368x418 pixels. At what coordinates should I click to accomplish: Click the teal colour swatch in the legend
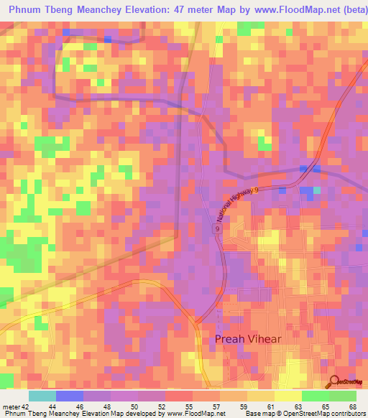pyautogui.click(x=42, y=396)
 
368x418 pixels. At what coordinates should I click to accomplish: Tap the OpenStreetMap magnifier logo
pyautogui.click(x=333, y=381)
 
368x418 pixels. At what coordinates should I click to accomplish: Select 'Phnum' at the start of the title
pyautogui.click(x=24, y=9)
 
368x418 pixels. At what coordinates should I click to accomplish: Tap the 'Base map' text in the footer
pyautogui.click(x=259, y=414)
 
